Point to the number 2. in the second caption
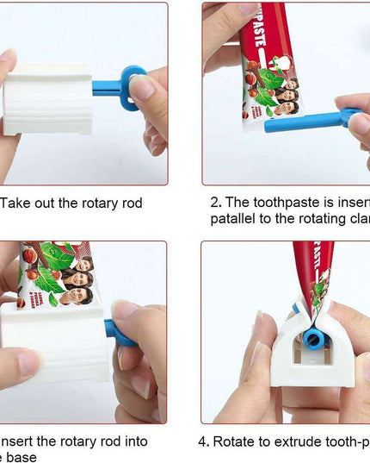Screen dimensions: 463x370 (216, 203)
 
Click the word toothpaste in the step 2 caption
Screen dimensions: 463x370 (274, 203)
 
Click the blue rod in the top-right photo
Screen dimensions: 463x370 (301, 122)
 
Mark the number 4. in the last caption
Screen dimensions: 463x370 (204, 441)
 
